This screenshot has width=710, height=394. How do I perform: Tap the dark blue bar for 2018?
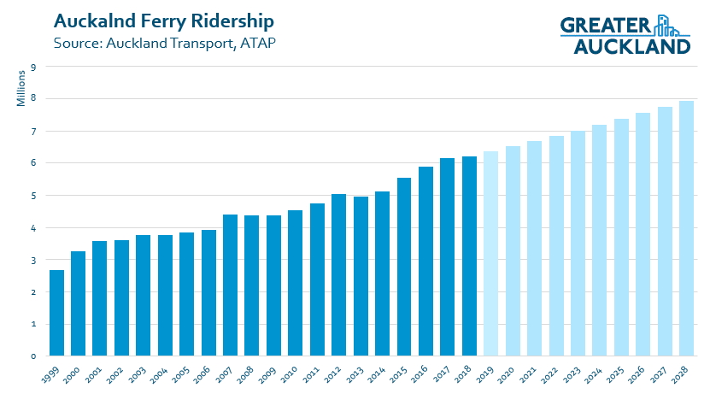[x=469, y=256]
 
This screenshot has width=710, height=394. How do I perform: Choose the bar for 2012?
[x=339, y=274]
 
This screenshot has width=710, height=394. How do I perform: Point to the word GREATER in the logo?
[x=607, y=26]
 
